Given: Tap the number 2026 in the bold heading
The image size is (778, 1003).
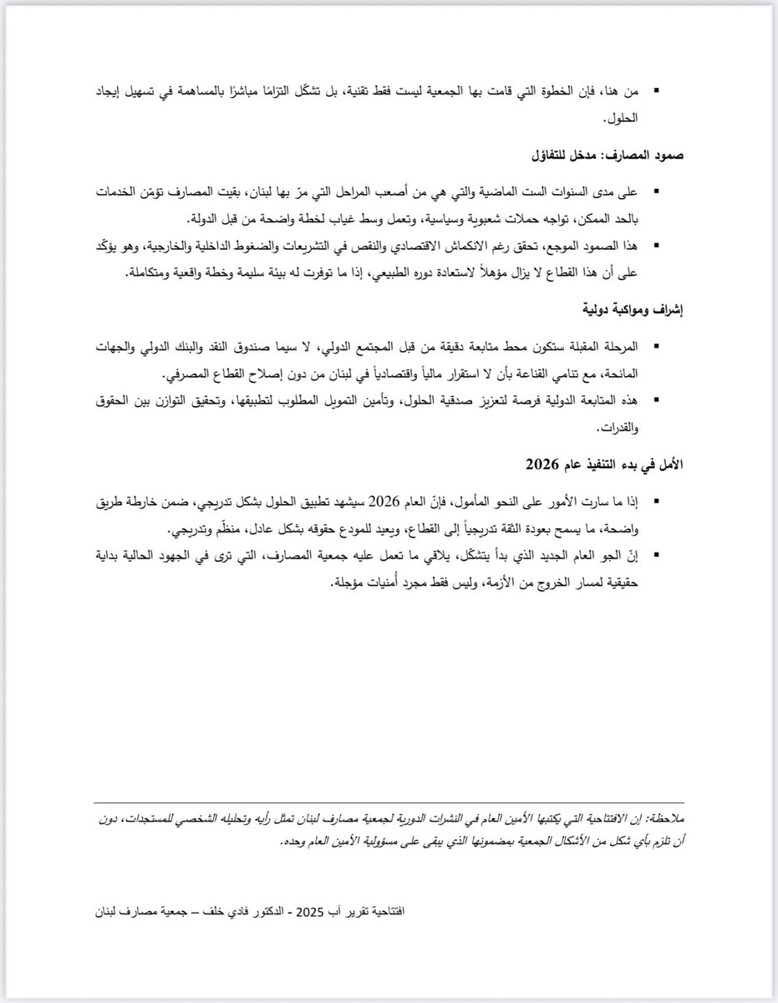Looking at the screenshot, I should tap(542, 462).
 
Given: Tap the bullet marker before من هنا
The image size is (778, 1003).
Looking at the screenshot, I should tap(658, 89).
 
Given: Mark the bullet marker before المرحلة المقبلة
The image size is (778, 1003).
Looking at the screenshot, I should tap(658, 347).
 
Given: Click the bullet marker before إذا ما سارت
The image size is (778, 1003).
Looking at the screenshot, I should tap(658, 501).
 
